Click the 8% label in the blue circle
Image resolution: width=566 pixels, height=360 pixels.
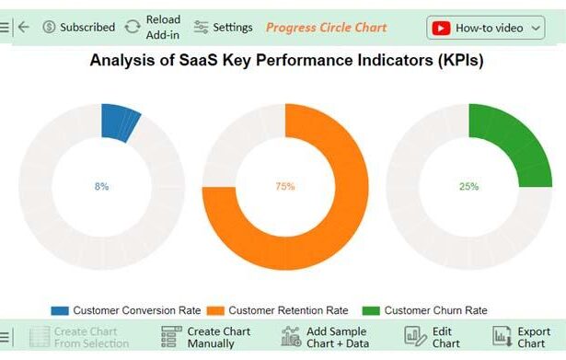pos(101,186)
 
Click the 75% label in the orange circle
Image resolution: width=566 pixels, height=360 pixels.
pos(285,186)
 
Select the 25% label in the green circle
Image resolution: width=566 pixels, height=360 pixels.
pos(469,186)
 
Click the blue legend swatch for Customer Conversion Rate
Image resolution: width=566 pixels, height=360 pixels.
pos(60,310)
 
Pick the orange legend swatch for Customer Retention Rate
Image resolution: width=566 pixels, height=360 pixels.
pos(215,310)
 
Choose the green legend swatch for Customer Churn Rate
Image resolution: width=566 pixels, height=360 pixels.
pos(371,310)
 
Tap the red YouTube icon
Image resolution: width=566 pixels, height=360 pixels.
pos(442,28)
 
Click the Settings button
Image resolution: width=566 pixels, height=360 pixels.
pos(223,28)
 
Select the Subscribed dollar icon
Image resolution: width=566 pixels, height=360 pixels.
pos(49,28)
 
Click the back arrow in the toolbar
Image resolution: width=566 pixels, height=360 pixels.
pos(24,28)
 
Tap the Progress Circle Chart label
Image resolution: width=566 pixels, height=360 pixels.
pos(326,28)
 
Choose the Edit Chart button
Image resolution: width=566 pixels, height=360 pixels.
pos(433,337)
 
